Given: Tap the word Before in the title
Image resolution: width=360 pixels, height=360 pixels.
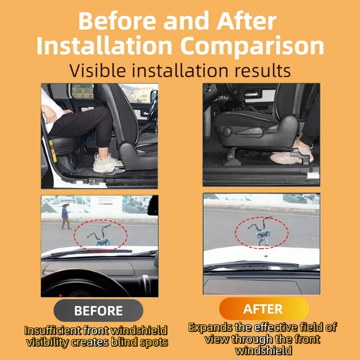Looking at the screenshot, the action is pos(117,21).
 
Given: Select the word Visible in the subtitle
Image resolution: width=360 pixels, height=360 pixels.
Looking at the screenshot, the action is pos(98,71).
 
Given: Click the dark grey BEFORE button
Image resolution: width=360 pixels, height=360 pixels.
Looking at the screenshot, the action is pos(98,310).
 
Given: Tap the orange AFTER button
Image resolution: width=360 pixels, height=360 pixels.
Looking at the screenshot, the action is pos(264,309).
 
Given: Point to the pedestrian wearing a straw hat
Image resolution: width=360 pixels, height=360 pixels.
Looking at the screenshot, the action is pos(66,216).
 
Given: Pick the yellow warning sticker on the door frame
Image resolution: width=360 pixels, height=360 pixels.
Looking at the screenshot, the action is pos(53,151).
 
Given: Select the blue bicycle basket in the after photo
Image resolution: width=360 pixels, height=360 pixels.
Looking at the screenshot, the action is pos(263,234).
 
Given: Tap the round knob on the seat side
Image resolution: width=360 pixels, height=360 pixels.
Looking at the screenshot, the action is pos(226,132).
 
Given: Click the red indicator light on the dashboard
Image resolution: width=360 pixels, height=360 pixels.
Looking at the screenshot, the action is pos(60,295).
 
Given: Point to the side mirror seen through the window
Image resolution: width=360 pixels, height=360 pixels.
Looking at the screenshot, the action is pos(153,96).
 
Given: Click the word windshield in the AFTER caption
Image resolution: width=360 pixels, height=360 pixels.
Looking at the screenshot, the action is pos(264,351).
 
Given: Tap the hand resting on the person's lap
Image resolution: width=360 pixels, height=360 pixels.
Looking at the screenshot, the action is pos(49,114).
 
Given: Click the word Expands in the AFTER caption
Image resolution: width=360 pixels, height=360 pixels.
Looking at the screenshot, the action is pos(210,327).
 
